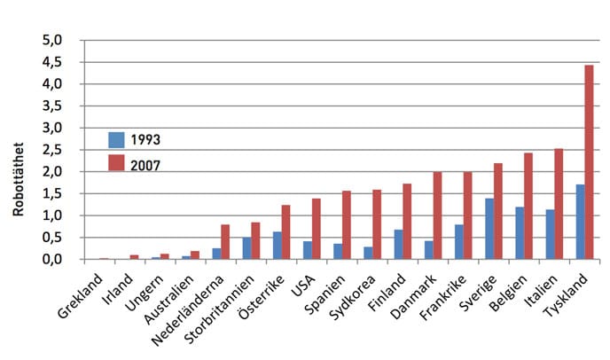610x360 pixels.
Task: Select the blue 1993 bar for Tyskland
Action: pyautogui.click(x=580, y=222)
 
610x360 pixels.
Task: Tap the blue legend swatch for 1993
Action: pyautogui.click(x=116, y=139)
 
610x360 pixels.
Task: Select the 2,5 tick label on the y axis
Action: pyautogui.click(x=56, y=150)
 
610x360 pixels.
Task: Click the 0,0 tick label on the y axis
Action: pyautogui.click(x=56, y=259)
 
